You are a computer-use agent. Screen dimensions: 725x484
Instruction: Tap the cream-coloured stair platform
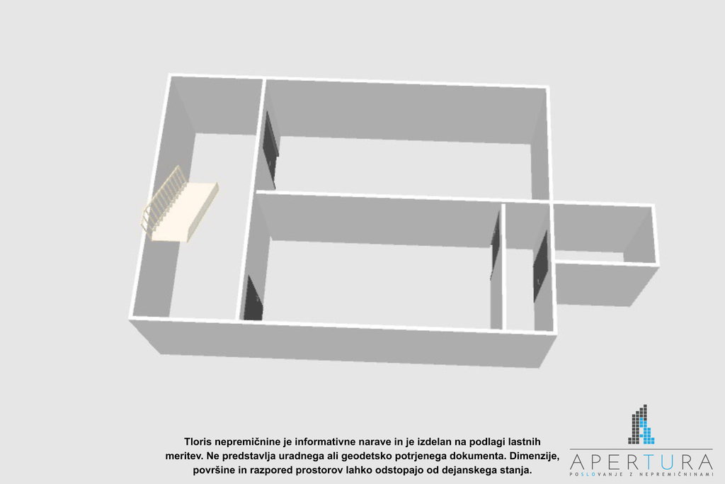(185, 211)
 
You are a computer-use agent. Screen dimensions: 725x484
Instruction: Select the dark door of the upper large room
(270, 148)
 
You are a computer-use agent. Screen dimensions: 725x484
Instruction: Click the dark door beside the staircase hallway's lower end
(253, 299)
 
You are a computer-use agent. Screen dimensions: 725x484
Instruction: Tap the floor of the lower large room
(379, 282)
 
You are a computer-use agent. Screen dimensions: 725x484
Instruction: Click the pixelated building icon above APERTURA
(641, 424)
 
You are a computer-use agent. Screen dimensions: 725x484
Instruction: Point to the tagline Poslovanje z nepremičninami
(641, 474)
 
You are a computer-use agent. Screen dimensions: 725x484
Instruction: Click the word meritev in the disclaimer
(183, 456)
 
